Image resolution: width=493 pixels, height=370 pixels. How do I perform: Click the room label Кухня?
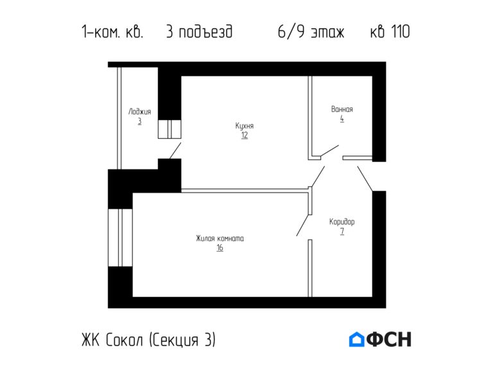tap(245, 126)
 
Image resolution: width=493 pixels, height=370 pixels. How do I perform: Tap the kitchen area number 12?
tap(245, 136)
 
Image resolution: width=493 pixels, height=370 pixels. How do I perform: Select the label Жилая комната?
tap(220, 238)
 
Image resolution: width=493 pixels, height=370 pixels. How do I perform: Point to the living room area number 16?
tap(220, 248)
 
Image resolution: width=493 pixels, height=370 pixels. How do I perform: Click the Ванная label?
tap(342, 109)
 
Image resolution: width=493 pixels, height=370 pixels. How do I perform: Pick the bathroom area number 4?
tap(342, 119)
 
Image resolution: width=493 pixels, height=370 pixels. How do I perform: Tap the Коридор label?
tap(342, 222)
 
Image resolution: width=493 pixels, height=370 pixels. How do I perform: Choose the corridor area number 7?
tap(342, 231)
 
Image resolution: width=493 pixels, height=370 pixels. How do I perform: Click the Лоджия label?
tap(139, 112)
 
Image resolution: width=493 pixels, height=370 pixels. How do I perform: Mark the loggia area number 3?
tap(139, 121)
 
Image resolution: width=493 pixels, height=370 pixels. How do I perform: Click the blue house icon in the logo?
tap(356, 339)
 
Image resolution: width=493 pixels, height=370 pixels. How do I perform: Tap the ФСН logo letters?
tap(389, 339)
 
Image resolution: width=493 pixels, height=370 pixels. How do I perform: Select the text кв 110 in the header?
tap(390, 31)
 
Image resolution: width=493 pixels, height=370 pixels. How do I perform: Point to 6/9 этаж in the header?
tap(311, 31)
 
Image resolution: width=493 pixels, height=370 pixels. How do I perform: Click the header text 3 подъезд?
tap(200, 31)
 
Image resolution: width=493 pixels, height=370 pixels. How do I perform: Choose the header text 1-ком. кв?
tap(112, 31)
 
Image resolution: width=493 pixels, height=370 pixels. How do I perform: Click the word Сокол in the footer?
tap(124, 340)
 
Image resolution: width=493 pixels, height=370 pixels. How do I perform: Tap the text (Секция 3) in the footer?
tap(182, 340)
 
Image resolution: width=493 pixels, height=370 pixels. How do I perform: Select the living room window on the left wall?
tap(120, 238)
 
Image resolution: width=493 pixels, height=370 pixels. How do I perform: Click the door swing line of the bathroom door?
tap(329, 151)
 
